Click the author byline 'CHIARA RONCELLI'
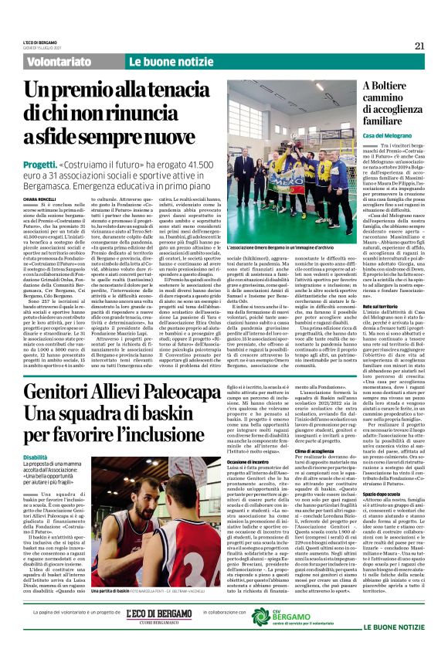(37, 199)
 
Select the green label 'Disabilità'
(34, 457)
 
